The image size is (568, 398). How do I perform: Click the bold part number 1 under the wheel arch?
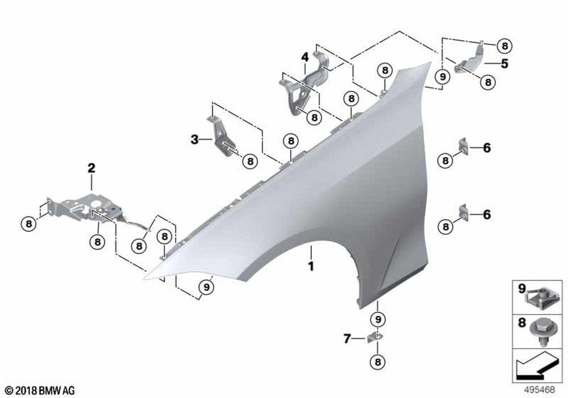[311, 266]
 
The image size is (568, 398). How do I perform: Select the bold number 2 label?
[91, 168]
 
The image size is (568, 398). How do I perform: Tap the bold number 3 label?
[194, 139]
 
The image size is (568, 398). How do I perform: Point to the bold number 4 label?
[305, 57]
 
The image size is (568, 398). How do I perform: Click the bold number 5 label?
[504, 64]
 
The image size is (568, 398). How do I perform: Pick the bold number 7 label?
[347, 338]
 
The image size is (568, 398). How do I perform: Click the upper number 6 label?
[487, 148]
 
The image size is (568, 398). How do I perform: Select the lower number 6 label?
[487, 214]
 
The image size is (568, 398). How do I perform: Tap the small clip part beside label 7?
[374, 338]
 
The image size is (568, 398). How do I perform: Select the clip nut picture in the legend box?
[540, 297]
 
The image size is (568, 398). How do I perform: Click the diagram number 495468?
[540, 389]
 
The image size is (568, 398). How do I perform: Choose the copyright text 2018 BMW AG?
[40, 391]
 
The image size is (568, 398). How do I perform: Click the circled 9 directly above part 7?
[378, 320]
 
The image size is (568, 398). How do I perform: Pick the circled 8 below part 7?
[378, 362]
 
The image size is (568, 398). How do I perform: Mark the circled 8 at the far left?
[28, 223]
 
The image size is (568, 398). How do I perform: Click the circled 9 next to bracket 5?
[442, 77]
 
